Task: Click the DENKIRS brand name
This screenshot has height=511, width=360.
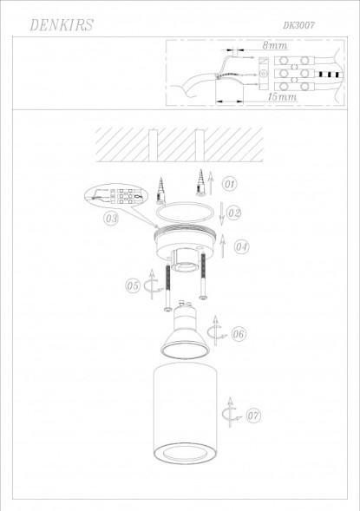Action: (x=60, y=27)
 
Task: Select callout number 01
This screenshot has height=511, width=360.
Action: (x=229, y=184)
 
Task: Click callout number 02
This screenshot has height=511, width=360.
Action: (x=233, y=213)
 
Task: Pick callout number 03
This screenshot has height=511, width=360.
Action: (x=111, y=219)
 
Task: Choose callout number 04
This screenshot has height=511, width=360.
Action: (x=241, y=246)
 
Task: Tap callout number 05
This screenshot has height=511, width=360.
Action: (x=132, y=284)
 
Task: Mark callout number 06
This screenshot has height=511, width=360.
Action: (x=239, y=333)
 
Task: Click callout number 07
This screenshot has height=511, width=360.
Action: (x=252, y=416)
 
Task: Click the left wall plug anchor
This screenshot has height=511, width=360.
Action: (x=161, y=185)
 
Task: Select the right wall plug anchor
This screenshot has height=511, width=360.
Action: (x=200, y=181)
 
